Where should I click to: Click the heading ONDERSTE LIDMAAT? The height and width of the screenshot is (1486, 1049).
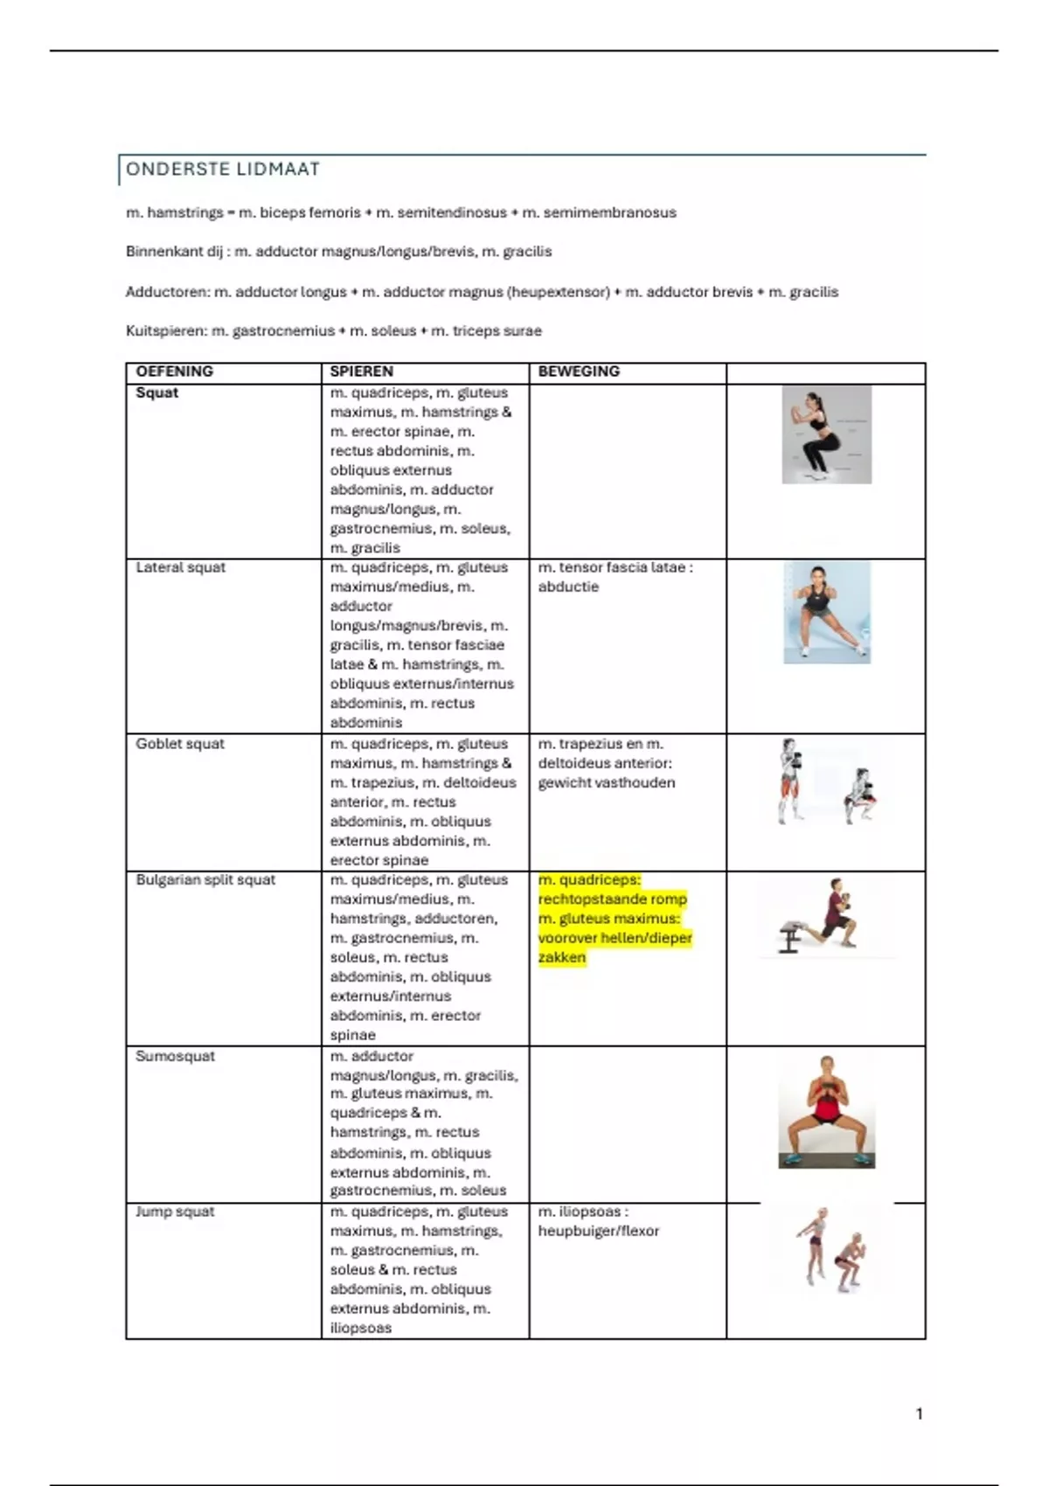(223, 170)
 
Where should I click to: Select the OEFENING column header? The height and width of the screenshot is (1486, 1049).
(174, 371)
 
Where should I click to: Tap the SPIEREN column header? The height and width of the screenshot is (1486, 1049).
(361, 371)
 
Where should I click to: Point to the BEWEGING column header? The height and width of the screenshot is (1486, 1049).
(578, 371)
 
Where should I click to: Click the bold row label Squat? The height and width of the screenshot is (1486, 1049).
(157, 393)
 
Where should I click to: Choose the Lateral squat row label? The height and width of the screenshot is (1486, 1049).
(180, 567)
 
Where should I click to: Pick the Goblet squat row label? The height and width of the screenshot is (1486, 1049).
(180, 744)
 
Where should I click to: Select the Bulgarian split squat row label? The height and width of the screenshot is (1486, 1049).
(205, 880)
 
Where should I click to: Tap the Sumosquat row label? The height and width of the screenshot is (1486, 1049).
(175, 1056)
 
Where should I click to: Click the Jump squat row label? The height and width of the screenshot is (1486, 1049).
(175, 1212)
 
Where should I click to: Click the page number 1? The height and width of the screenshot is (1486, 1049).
(919, 1413)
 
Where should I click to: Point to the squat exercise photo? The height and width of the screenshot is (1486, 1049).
(826, 434)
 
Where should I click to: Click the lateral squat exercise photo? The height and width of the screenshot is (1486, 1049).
(827, 612)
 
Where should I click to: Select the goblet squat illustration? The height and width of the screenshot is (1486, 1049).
(826, 781)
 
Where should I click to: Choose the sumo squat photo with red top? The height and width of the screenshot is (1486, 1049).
(826, 1112)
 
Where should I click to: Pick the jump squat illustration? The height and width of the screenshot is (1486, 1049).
(830, 1248)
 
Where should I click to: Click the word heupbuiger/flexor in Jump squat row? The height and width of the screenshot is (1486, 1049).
(598, 1231)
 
